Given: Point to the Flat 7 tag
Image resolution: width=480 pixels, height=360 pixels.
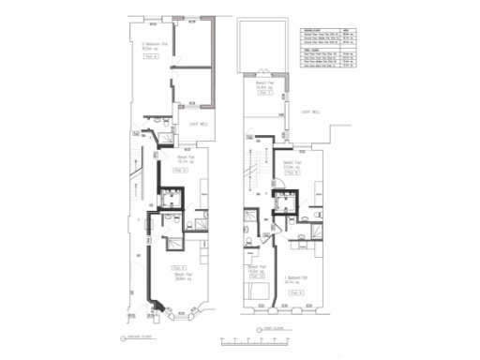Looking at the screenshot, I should [263, 93].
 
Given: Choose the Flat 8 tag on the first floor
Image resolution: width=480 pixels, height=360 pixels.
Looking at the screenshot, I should [292, 172].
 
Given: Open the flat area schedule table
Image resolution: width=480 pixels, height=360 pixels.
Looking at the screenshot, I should [327, 47].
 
